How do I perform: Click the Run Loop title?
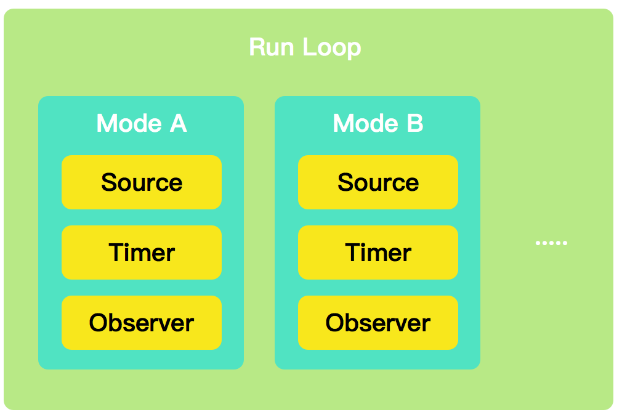point(305,47)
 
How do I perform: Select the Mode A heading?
point(141,124)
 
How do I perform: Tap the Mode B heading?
point(378,124)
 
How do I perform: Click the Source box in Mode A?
point(141,182)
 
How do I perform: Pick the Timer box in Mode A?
point(141,252)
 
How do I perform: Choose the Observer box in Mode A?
point(141,323)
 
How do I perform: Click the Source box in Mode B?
point(378,182)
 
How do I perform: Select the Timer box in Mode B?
point(378,252)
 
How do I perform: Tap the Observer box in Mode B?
point(378,323)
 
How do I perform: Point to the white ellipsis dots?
point(551,243)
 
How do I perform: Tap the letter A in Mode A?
point(177,124)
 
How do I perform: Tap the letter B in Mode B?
point(414,124)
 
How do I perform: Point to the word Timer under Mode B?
point(378,252)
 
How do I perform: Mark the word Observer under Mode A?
point(141,323)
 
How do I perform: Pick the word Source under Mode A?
point(141,182)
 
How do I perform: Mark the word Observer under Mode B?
point(378,323)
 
